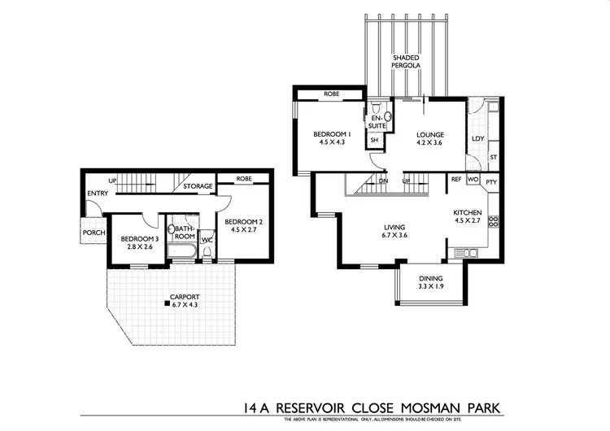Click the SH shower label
click(375, 140)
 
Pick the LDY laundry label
click(477, 139)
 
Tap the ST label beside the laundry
click(493, 156)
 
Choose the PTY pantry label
click(491, 181)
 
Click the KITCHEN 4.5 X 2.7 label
click(468, 215)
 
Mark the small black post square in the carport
click(166, 304)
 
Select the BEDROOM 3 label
click(137, 242)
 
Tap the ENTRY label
click(98, 193)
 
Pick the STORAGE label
click(198, 186)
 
